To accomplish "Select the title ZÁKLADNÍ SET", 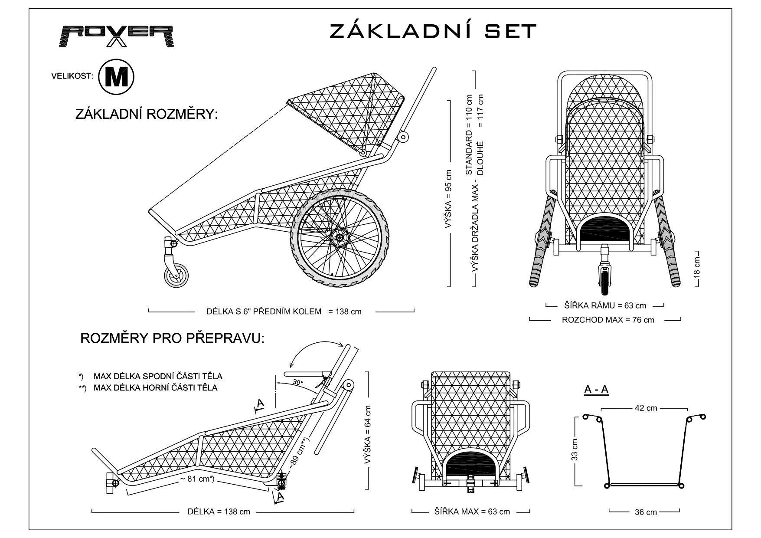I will (x=433, y=31).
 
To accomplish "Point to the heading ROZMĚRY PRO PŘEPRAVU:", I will (x=172, y=338).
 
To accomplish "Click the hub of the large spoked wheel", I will (x=340, y=238).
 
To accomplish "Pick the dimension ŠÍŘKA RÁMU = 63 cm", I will (x=605, y=305).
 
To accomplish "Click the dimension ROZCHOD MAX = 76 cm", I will (x=608, y=320).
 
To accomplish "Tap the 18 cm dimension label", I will (x=697, y=268).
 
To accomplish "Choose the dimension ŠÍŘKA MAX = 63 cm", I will (x=472, y=512).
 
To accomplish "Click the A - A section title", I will (x=596, y=390).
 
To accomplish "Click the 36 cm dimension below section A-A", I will (x=646, y=512).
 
